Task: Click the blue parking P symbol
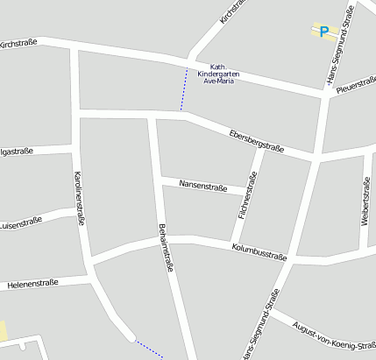(x=324, y=32)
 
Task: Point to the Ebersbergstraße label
(x=255, y=139)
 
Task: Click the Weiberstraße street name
(x=365, y=201)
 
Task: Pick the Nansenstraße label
(x=202, y=186)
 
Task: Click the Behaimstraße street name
(x=166, y=249)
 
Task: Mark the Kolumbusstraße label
(x=259, y=252)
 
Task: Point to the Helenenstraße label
(x=32, y=283)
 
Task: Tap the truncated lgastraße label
(x=17, y=152)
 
